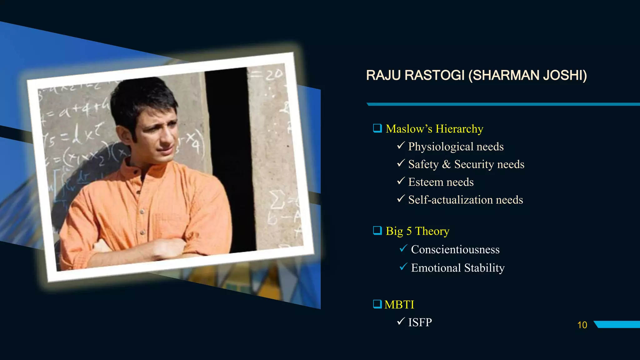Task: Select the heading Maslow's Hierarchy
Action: point(434,129)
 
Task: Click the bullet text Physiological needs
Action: point(456,147)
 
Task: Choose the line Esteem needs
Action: point(441,182)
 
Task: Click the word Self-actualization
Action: point(450,200)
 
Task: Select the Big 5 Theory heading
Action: point(417,231)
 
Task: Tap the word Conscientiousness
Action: point(455,249)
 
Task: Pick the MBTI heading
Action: point(399,305)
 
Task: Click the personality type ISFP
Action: point(420,322)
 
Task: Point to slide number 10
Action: point(582,325)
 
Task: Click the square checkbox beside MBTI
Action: point(377,304)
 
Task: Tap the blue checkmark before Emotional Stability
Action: point(403,267)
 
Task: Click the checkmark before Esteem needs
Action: point(401,181)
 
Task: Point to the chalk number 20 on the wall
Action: point(274,75)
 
